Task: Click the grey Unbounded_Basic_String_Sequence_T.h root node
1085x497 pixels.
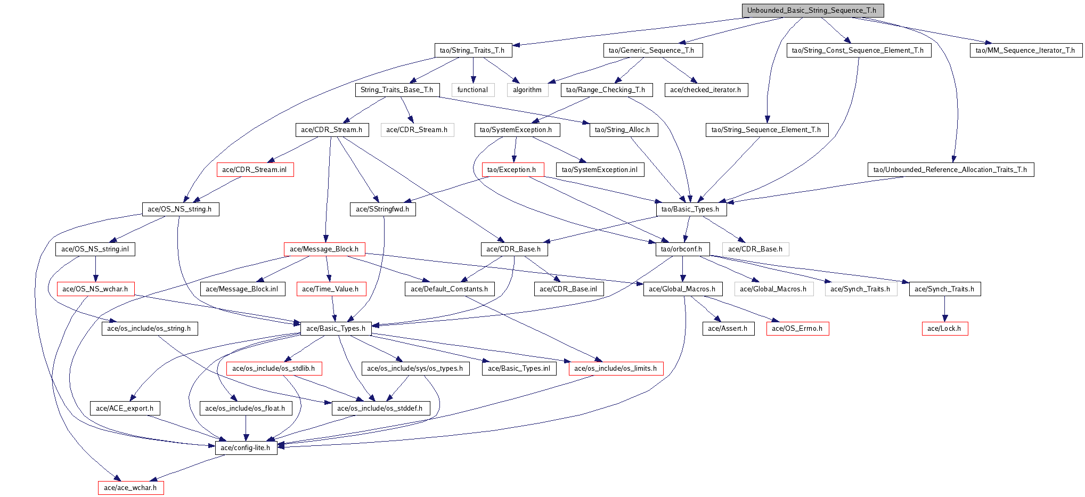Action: (812, 11)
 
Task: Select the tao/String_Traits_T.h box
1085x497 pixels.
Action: (472, 50)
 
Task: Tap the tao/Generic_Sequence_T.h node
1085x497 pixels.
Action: (651, 50)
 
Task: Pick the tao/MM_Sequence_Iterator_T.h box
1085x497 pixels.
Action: (1025, 50)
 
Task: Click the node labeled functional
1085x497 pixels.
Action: (472, 90)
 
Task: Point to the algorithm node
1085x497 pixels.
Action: (527, 90)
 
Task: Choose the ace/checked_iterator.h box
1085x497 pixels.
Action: (706, 90)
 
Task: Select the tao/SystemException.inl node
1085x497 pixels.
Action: (600, 169)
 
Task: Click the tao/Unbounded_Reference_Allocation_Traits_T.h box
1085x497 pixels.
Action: (950, 169)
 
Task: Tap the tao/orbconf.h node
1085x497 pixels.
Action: (682, 249)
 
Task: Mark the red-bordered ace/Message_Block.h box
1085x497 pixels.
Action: (324, 249)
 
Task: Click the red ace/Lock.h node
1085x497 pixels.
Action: (944, 329)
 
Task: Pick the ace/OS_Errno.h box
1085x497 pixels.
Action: (797, 329)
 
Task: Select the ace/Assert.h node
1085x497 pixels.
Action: (728, 329)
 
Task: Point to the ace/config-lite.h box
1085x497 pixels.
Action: (246, 448)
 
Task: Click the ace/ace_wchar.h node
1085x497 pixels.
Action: (130, 488)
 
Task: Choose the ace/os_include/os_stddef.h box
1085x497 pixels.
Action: (380, 409)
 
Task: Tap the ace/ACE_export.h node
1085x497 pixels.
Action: (125, 409)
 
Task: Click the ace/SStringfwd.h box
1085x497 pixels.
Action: (382, 209)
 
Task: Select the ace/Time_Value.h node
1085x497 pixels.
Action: (331, 289)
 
